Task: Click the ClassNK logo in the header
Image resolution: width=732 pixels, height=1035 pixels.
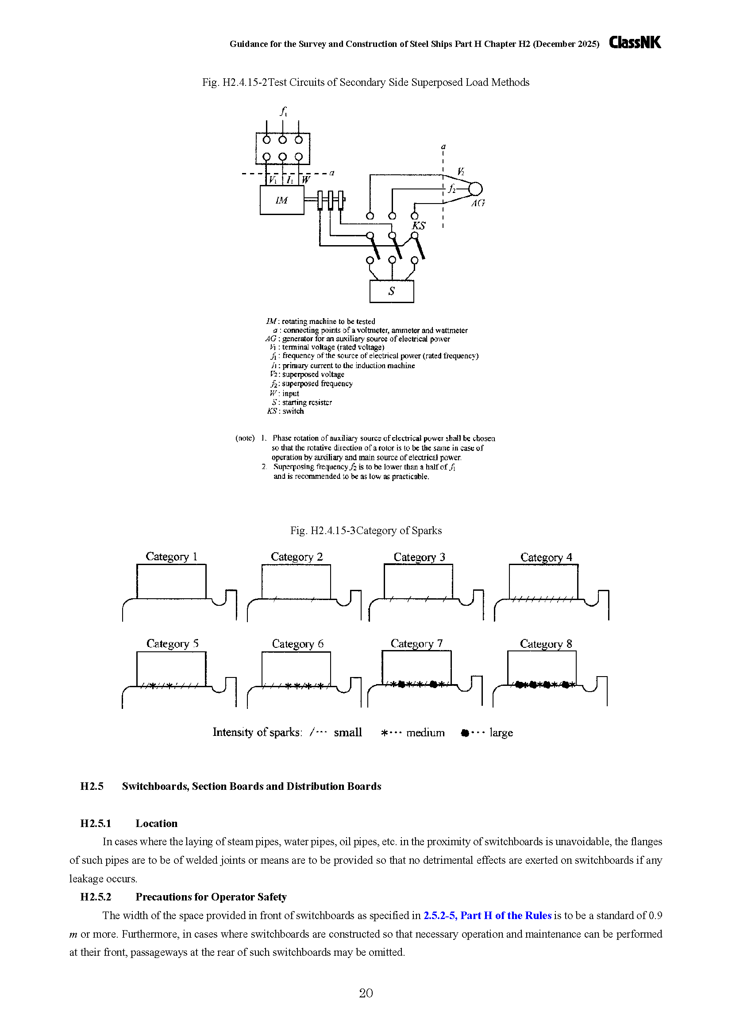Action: (635, 42)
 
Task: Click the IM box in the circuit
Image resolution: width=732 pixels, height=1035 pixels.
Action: (282, 200)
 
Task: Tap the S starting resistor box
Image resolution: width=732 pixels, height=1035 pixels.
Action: (391, 291)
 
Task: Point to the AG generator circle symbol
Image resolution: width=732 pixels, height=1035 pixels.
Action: (475, 189)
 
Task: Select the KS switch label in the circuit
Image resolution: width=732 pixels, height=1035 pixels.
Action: (419, 226)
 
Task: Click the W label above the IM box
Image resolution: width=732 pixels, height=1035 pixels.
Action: (306, 179)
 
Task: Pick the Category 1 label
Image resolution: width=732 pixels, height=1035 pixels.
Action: (171, 557)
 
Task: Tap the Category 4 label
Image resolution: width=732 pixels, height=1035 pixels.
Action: (546, 558)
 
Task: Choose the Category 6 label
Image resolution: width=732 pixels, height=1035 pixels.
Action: (297, 644)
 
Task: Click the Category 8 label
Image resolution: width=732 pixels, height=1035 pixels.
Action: (546, 644)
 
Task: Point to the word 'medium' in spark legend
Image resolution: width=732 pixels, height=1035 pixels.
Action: (425, 732)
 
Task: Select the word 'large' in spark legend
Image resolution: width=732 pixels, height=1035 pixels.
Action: (501, 733)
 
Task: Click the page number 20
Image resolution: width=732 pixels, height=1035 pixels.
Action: (366, 993)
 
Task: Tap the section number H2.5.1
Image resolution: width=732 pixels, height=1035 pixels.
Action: (96, 823)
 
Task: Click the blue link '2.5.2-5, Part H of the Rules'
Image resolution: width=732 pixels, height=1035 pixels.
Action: (487, 916)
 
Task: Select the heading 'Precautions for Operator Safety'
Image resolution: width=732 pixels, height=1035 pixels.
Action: (211, 897)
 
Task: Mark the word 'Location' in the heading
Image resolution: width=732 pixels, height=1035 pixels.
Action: (156, 823)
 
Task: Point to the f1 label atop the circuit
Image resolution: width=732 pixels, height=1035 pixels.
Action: (284, 111)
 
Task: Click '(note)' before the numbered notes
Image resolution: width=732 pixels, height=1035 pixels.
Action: (245, 438)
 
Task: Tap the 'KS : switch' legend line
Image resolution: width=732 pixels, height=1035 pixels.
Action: (285, 411)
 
